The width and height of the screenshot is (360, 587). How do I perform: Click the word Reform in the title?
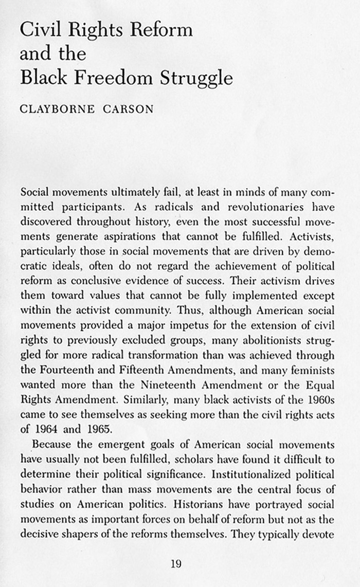161,30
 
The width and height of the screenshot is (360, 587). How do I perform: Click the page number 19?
176,564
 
